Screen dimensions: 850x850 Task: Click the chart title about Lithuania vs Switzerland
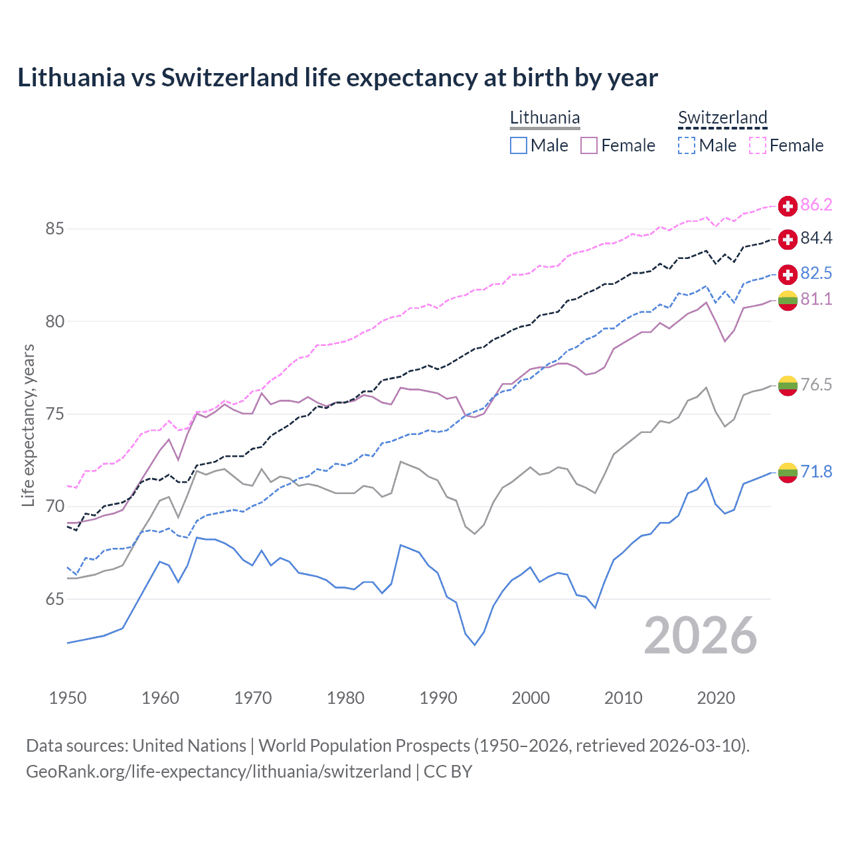tap(337, 78)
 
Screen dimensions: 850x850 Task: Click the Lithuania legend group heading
tap(545, 118)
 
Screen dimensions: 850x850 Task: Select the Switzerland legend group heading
tap(722, 118)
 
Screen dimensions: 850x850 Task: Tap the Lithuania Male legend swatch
tap(519, 145)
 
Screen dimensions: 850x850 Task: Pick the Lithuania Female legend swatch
tap(589, 145)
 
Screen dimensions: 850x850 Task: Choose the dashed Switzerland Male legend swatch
tap(687, 145)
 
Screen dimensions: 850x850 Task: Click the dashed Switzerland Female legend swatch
tap(758, 145)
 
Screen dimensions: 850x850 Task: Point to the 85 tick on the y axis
tap(54, 229)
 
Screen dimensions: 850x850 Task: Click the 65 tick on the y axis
tap(54, 599)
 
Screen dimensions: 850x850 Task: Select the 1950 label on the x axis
tap(68, 698)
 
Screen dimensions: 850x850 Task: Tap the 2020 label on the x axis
tap(716, 698)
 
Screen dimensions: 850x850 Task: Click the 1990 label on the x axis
tap(438, 698)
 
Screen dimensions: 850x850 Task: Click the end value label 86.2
tap(816, 205)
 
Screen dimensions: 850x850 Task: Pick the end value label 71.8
tap(816, 472)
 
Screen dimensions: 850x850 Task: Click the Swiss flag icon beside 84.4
tap(788, 239)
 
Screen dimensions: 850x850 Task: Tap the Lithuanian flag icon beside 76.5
tap(788, 385)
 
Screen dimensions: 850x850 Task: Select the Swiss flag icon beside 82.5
tap(788, 274)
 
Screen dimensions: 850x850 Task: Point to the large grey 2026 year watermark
tap(700, 636)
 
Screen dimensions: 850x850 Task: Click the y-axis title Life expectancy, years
tap(29, 425)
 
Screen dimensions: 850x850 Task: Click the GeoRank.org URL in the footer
tap(218, 772)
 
